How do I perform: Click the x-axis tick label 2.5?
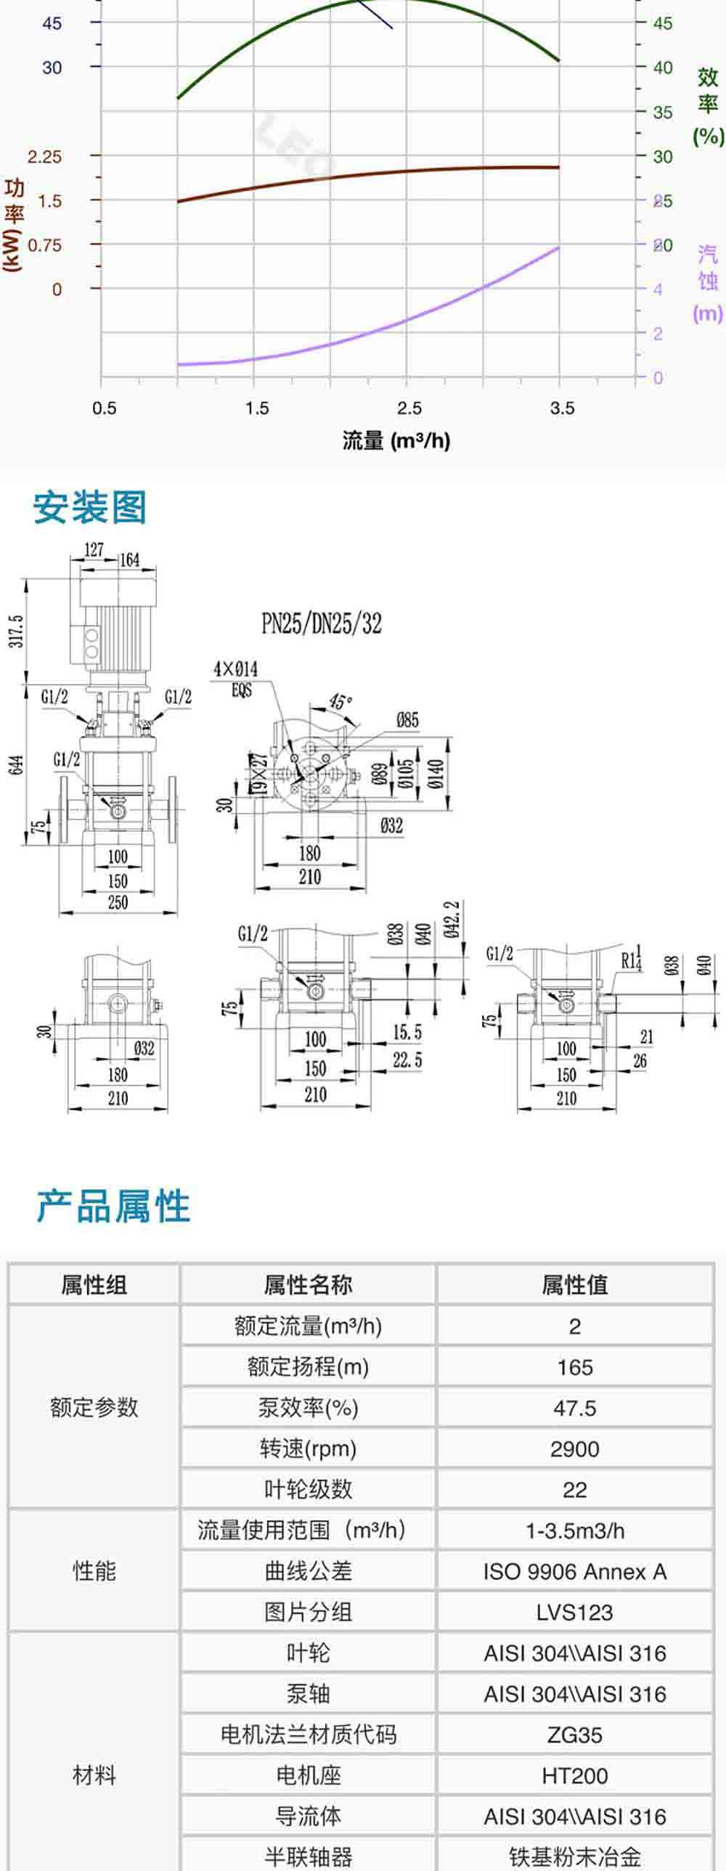409,408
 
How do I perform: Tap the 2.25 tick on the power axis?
44,157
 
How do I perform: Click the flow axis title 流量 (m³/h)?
396,440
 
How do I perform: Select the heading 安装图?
90,507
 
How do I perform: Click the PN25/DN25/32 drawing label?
321,623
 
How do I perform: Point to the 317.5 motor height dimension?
17,631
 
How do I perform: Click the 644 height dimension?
17,764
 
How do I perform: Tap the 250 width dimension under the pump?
118,902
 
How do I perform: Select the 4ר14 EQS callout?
235,678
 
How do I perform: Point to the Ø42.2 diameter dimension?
452,918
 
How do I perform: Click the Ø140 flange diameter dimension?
436,775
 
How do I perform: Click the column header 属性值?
574,1285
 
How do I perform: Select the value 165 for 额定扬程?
574,1367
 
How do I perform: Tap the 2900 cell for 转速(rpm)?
574,1449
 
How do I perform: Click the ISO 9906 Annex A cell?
574,1572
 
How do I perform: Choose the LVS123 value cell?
574,1613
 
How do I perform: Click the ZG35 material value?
574,1735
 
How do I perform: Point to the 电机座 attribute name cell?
308,1776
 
